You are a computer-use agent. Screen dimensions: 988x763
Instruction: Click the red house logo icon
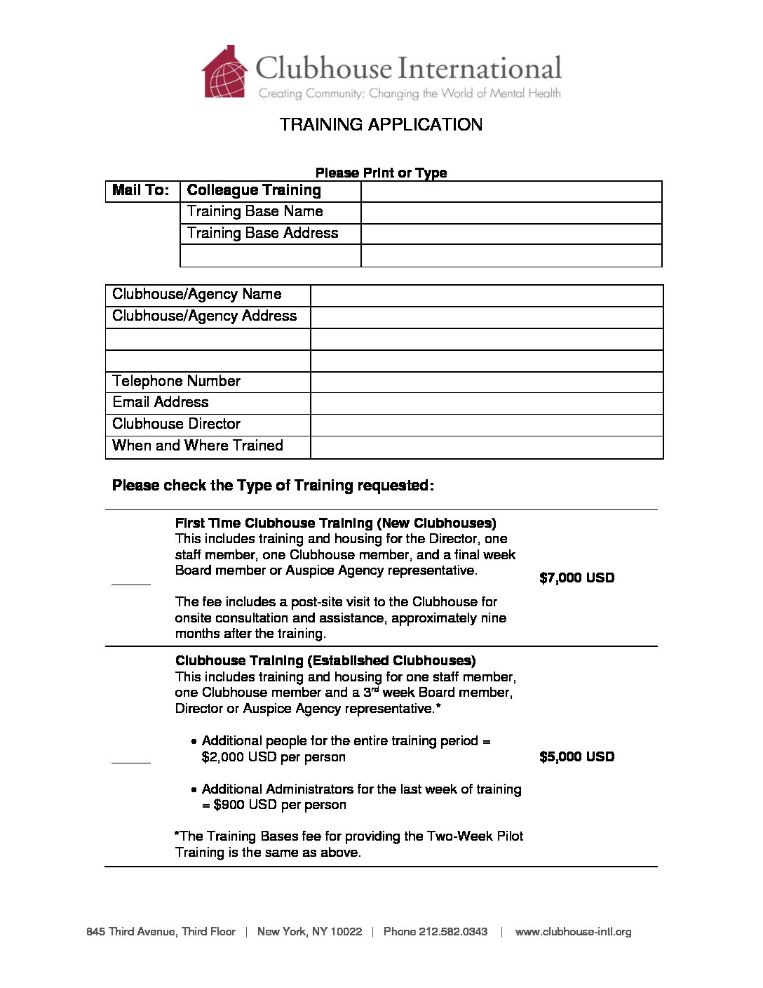tap(224, 73)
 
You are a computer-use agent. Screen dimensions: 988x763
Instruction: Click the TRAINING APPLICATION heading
tap(381, 125)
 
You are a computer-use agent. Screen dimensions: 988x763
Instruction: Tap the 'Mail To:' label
tap(141, 191)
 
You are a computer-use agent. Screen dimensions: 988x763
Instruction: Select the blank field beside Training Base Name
tap(511, 213)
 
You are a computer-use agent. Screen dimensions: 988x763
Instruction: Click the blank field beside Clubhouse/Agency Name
tap(486, 295)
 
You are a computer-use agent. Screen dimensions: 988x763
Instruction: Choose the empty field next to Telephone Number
tap(486, 382)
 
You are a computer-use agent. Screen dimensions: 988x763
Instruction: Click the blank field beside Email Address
tap(486, 403)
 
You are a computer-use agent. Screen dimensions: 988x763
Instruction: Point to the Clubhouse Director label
tap(177, 425)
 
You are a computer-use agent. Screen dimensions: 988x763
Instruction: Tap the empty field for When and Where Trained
tap(486, 447)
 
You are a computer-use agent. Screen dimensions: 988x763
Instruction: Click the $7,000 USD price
tap(576, 578)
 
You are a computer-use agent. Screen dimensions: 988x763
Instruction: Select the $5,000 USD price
tap(576, 757)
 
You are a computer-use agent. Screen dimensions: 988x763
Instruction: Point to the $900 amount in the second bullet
tap(229, 806)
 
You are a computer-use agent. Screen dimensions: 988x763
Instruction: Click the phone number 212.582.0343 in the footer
tap(453, 932)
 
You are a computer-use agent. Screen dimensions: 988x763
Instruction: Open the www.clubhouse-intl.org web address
tap(573, 932)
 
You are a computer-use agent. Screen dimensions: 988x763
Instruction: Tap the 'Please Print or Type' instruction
tap(381, 173)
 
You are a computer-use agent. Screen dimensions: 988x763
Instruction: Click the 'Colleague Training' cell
tap(254, 191)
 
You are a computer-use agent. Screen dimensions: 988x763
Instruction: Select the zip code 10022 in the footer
tap(346, 932)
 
